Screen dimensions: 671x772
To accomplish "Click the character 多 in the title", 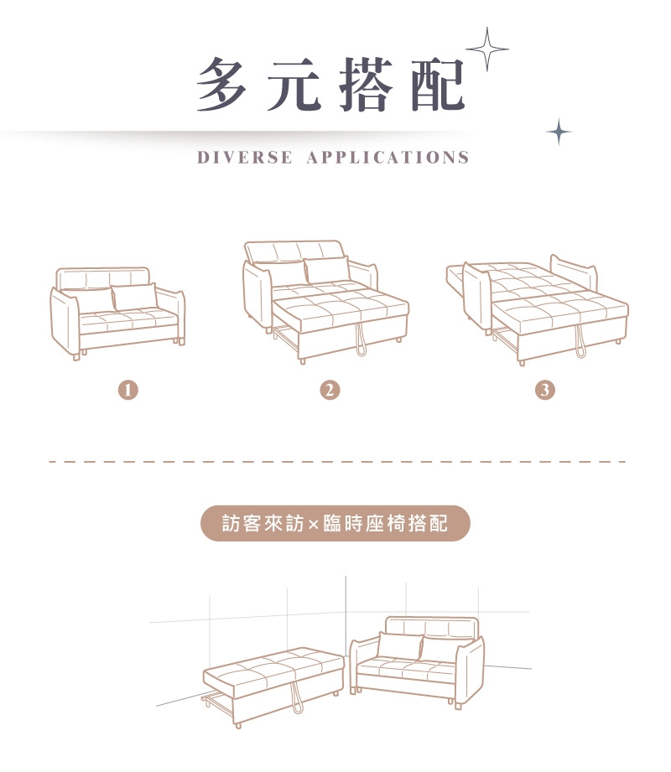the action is pyautogui.click(x=221, y=85).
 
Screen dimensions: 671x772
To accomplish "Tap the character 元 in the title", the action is pyautogui.click(x=294, y=85).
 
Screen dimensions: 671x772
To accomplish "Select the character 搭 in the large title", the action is pyautogui.click(x=367, y=85).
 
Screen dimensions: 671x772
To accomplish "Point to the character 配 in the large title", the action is pyautogui.click(x=438, y=85).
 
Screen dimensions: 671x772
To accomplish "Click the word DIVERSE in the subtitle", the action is pyautogui.click(x=245, y=158).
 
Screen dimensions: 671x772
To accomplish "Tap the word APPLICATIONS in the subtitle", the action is pyautogui.click(x=388, y=158).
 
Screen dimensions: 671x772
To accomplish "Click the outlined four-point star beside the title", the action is pyautogui.click(x=487, y=49).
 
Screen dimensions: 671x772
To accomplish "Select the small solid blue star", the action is pyautogui.click(x=559, y=132).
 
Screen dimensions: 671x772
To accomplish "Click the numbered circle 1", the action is pyautogui.click(x=128, y=390).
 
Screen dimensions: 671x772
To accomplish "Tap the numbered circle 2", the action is pyautogui.click(x=330, y=390).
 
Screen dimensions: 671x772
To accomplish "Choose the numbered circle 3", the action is pyautogui.click(x=545, y=390).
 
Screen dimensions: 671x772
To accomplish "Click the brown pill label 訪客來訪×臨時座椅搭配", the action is pyautogui.click(x=335, y=523).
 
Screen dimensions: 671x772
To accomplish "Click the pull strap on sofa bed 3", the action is pyautogui.click(x=580, y=342).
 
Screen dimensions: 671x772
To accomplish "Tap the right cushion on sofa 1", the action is pyautogui.click(x=134, y=297).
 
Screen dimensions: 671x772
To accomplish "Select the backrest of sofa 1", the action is pyautogui.click(x=102, y=278).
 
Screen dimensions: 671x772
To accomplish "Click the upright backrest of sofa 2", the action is pyautogui.click(x=294, y=252).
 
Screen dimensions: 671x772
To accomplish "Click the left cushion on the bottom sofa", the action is pyautogui.click(x=399, y=645).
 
